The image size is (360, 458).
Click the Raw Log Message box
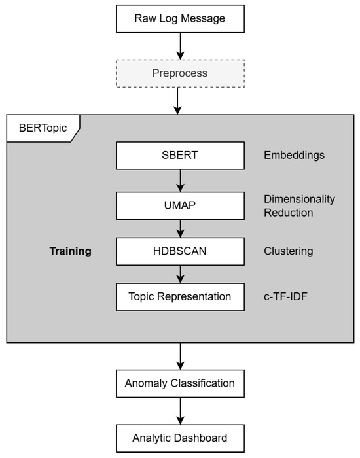[x=180, y=18]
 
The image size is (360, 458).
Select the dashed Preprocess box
[x=180, y=73]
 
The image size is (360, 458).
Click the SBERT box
[x=180, y=156]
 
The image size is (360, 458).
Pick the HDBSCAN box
[x=180, y=251]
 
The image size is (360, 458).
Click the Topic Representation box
[x=180, y=296]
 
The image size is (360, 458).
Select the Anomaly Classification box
[x=180, y=383]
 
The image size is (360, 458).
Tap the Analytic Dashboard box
[x=180, y=437]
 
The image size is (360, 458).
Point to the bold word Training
[x=70, y=251]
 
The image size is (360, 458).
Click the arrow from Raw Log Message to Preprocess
[x=180, y=45]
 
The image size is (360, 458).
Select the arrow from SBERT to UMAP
[x=180, y=180]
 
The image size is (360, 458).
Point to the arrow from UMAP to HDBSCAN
[x=180, y=228]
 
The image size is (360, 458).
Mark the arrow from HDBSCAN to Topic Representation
[x=180, y=273]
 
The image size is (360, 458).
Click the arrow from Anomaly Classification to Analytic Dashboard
[x=180, y=410]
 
